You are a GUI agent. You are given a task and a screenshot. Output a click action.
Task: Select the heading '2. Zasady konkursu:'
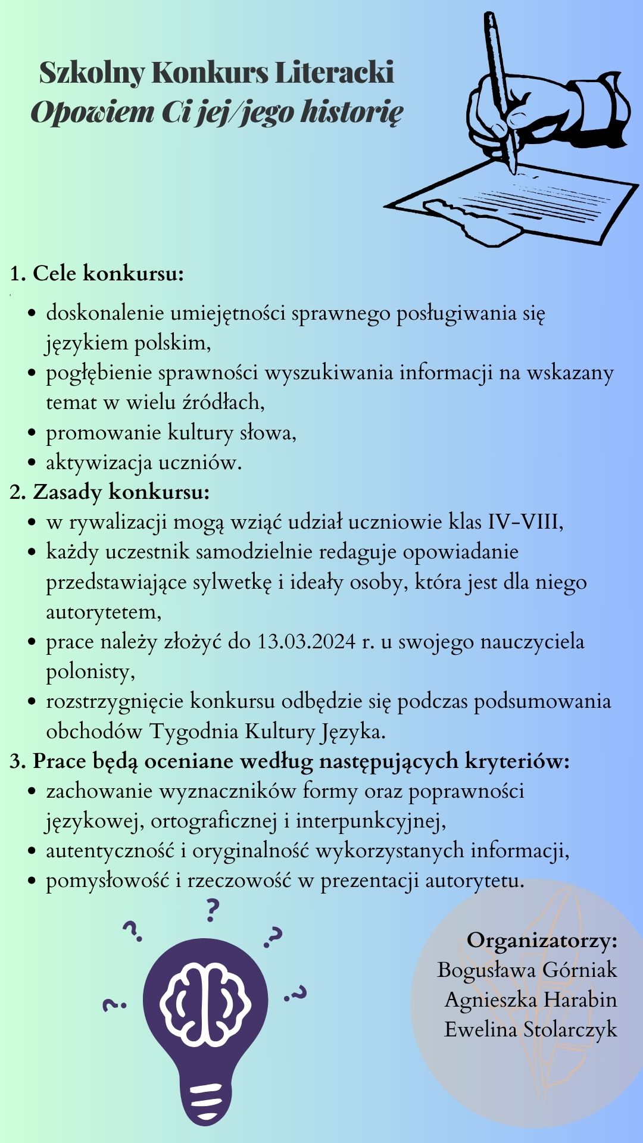click(110, 492)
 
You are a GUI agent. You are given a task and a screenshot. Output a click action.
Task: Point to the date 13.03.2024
click(306, 642)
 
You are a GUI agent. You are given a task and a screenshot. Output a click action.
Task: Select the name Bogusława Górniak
click(527, 970)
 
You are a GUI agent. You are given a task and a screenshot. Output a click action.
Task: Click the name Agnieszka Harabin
click(530, 1000)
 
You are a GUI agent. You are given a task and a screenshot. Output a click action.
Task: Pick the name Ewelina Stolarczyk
click(530, 1029)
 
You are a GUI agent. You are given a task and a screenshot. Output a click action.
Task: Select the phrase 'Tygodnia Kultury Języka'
click(267, 731)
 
